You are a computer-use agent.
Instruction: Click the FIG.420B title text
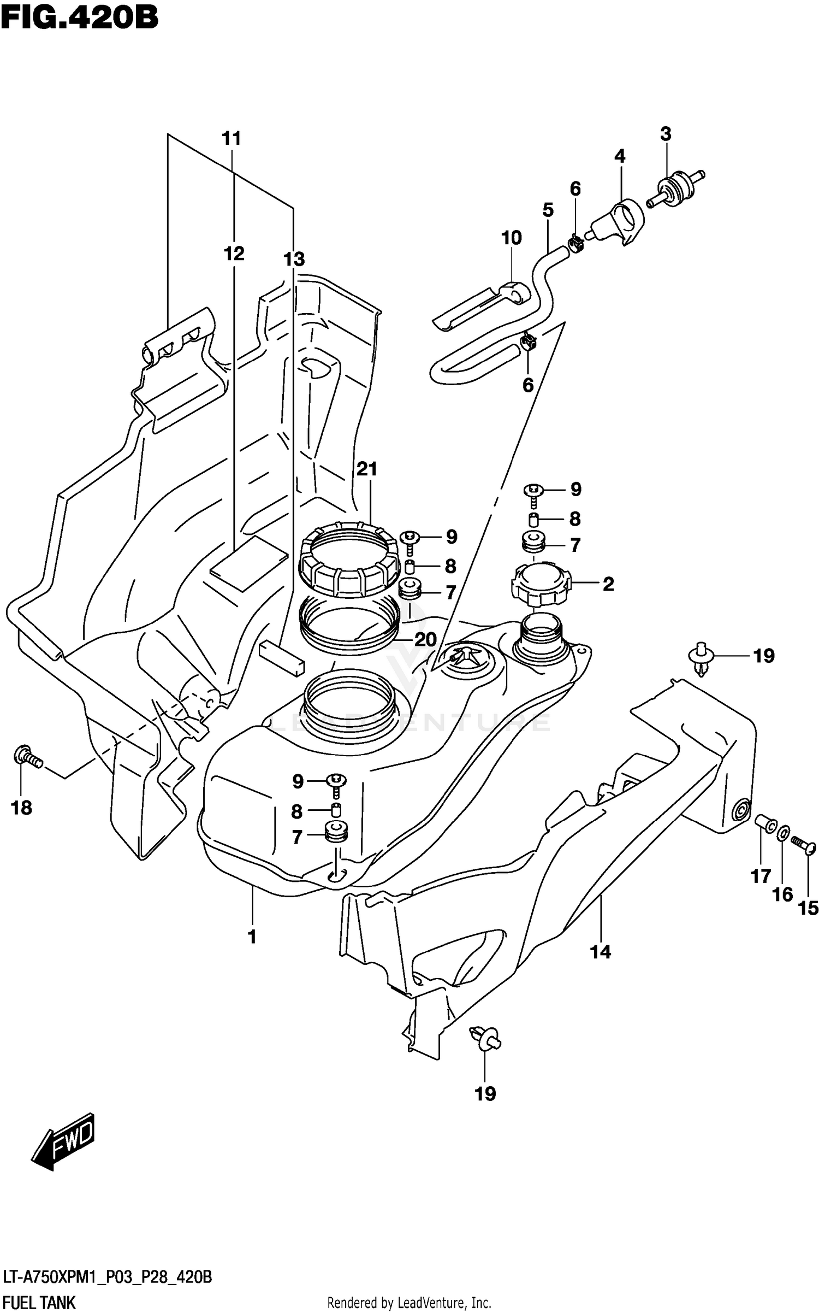79,17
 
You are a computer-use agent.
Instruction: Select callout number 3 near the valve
665,134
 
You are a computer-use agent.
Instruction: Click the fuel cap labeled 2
541,585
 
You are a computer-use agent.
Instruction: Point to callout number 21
367,469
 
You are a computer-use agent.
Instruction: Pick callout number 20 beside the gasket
425,639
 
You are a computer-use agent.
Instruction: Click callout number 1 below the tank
252,937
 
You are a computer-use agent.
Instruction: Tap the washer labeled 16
782,833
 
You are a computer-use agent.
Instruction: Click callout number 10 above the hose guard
511,238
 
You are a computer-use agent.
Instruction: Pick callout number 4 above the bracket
619,156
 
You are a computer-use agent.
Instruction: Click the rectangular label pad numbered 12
248,563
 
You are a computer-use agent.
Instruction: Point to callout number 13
294,259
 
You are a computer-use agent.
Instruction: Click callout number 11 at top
231,139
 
